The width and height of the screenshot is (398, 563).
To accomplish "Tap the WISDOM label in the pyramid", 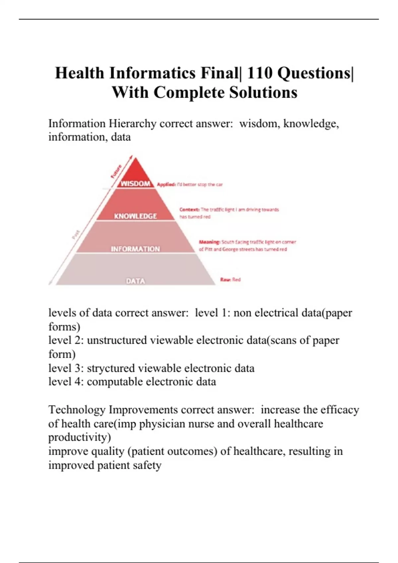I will pos(135,184).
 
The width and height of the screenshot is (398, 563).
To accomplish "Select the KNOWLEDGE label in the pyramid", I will pos(135,216).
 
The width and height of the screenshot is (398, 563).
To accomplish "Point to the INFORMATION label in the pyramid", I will pos(135,249).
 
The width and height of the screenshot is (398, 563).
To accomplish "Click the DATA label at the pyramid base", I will pos(135,281).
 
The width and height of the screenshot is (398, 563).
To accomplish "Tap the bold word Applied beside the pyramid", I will pos(166,184).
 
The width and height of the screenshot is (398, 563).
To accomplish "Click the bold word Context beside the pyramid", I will pos(189,210).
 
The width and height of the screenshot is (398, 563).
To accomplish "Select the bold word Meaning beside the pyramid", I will pos(209,242).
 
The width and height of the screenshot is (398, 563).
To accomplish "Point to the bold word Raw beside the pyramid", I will pos(225,280).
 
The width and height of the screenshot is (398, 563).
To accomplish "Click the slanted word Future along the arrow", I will pos(116,171).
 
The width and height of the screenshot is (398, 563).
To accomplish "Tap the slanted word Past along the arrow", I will pos(76,234).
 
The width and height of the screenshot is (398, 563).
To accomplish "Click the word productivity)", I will pos(80,437).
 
